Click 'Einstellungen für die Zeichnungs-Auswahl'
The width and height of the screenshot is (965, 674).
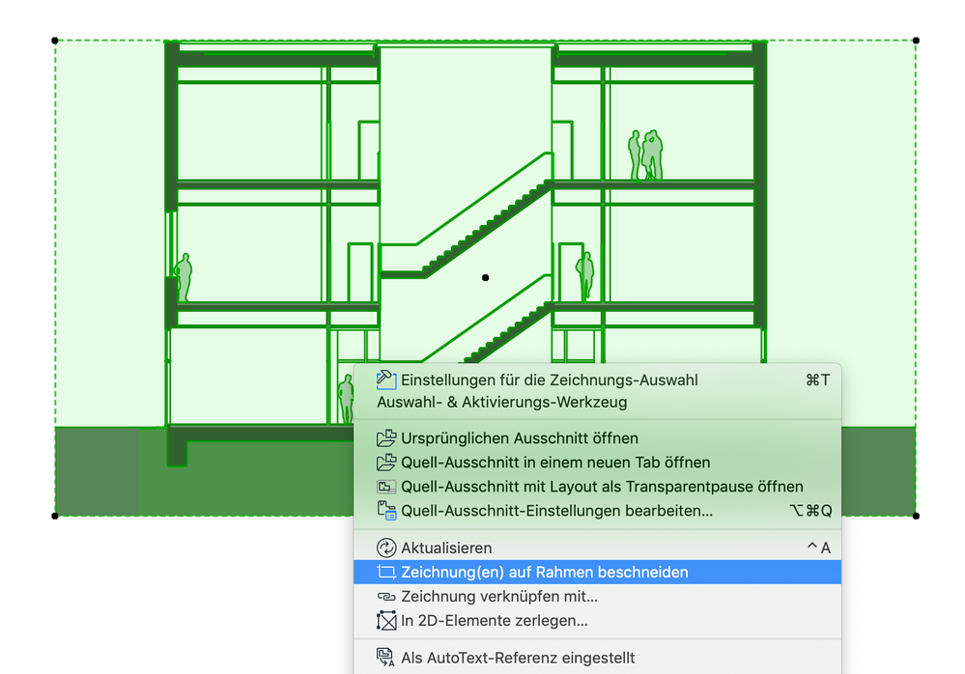pos(549,380)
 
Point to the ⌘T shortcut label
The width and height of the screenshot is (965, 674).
pos(818,380)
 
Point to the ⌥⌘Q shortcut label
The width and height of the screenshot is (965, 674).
pos(810,511)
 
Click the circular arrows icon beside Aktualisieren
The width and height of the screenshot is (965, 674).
pos(385,548)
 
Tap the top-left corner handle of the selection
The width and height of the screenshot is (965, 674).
pos(55,41)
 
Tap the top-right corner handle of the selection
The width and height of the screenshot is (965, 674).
pos(916,41)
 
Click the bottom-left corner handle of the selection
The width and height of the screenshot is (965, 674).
pos(55,516)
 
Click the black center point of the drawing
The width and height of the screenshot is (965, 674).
pos(486,278)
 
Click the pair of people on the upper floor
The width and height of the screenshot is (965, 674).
pos(645,154)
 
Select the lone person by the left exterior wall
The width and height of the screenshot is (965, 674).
pos(184,277)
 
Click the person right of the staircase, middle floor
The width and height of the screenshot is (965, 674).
pos(585,275)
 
